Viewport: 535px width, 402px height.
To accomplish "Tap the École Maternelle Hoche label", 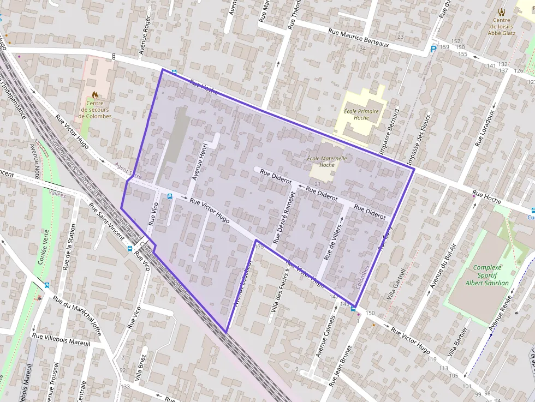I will [327, 161].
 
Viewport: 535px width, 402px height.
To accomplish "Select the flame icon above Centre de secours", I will [95, 95].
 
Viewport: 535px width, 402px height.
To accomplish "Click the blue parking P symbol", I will [433, 49].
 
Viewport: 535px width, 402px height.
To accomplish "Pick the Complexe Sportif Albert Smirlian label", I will [487, 275].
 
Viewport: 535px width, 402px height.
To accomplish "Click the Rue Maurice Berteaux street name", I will [358, 38].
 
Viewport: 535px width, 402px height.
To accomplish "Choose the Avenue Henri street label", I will [198, 161].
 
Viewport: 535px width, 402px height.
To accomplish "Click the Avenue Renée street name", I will [502, 315].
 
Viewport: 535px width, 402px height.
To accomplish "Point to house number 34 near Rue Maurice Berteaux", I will [362, 49].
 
